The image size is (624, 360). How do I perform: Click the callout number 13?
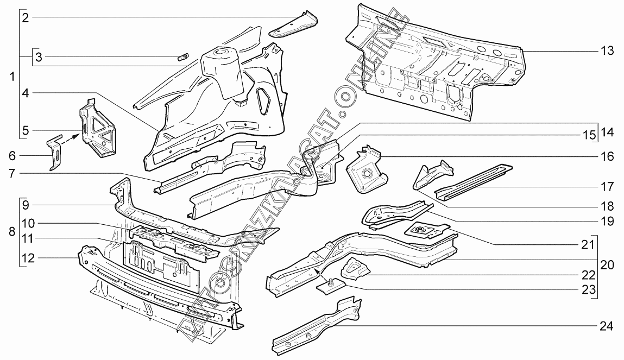pyautogui.click(x=607, y=51)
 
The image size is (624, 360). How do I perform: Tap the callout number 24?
pyautogui.click(x=607, y=326)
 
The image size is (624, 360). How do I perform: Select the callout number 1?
pyautogui.click(x=12, y=77)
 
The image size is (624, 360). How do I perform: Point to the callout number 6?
pyautogui.click(x=12, y=155)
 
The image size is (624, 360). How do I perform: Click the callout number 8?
pyautogui.click(x=12, y=232)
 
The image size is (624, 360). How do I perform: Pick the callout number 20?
pyautogui.click(x=607, y=264)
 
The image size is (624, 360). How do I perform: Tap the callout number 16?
pyautogui.click(x=607, y=156)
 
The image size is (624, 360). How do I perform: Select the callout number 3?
pyautogui.click(x=39, y=57)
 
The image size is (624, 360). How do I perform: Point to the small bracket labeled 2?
pyautogui.click(x=294, y=24)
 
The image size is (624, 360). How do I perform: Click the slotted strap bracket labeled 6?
pyautogui.click(x=55, y=153)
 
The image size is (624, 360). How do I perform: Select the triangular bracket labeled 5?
pyautogui.click(x=98, y=127)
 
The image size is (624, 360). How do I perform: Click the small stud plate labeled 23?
pyautogui.click(x=330, y=286)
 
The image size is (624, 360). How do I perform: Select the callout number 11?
pyautogui.click(x=28, y=239)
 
